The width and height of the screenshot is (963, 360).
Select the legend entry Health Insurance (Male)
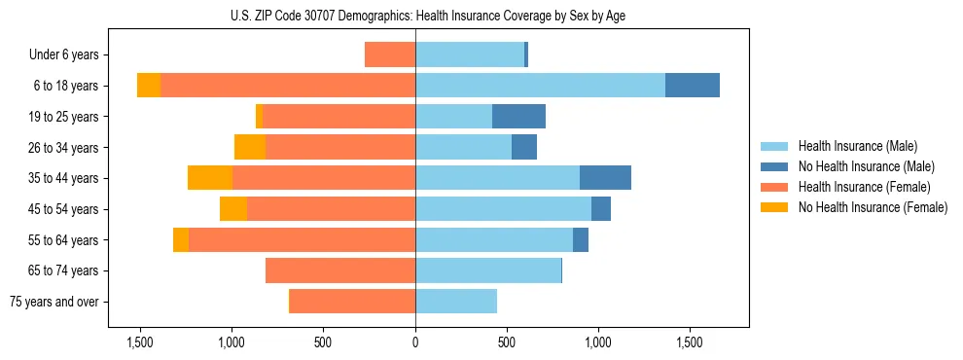pos(857,146)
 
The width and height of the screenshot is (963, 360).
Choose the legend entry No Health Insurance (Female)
pos(873,207)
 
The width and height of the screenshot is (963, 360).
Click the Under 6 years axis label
pos(70,55)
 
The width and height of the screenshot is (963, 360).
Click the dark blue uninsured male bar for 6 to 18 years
pos(693,86)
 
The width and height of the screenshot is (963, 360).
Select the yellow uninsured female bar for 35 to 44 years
pos(210,178)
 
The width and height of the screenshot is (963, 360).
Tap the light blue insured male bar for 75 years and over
pos(456,302)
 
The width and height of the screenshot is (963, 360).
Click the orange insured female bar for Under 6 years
pos(390,55)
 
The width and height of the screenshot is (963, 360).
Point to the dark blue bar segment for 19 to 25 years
pos(518,117)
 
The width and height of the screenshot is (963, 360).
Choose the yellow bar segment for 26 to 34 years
pos(250,147)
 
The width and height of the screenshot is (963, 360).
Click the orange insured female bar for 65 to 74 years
pos(340,270)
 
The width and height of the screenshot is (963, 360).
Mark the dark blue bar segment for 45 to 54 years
pos(601,209)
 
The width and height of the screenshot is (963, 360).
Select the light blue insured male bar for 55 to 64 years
pos(494,239)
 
